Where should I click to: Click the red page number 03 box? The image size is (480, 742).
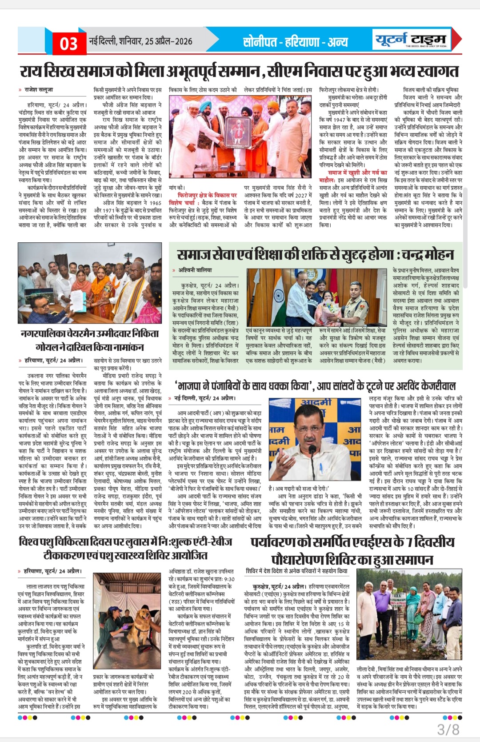[x=69, y=43]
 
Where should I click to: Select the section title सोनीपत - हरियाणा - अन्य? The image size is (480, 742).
[x=296, y=42]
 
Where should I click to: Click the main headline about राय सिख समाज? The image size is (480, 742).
[x=240, y=71]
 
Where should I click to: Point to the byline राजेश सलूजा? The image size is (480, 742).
[x=39, y=90]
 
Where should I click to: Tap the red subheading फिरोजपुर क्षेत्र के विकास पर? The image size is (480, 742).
[x=207, y=195]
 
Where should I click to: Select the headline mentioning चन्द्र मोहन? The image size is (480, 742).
[x=315, y=255]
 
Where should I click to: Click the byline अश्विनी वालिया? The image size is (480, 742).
[x=195, y=270]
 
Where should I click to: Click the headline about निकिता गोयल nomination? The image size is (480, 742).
[x=89, y=340]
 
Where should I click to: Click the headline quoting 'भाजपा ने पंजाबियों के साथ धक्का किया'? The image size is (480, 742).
[x=316, y=385]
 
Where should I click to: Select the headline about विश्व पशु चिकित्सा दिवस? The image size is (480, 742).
[x=125, y=548]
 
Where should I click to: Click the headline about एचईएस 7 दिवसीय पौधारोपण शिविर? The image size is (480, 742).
[x=352, y=550]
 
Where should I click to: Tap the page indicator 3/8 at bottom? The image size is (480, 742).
[x=448, y=729]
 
